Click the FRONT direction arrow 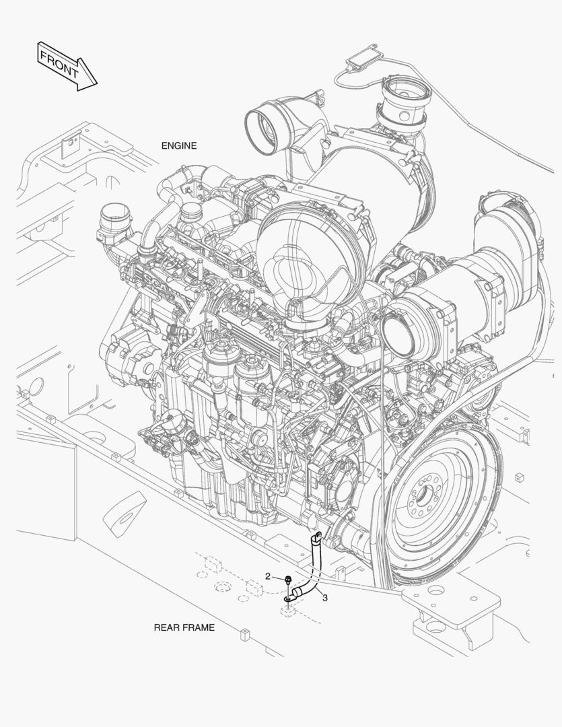(x=67, y=66)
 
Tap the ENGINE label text (x=179, y=145)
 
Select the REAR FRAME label (x=184, y=627)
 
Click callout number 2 (x=268, y=576)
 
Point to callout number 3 (x=325, y=598)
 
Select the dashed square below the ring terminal (x=288, y=611)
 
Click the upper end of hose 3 (x=317, y=537)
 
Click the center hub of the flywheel (x=423, y=498)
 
